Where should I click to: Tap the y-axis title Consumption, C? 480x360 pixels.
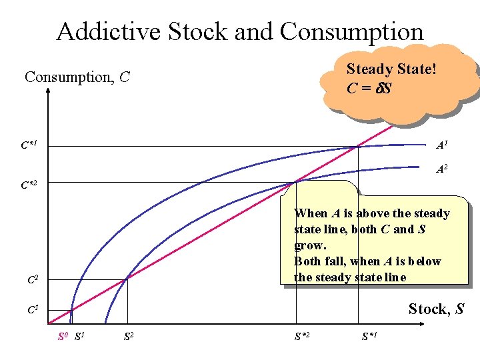tap(77, 77)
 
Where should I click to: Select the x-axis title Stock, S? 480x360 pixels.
tap(435, 309)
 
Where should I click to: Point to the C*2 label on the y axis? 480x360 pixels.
tap(29, 183)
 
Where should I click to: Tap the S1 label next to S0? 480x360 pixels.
tap(79, 335)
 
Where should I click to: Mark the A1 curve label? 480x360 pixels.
tap(441, 145)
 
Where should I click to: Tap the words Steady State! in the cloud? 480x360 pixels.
tap(391, 69)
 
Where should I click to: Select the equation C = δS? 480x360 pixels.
tap(369, 88)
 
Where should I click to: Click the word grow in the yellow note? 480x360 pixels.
tap(307, 245)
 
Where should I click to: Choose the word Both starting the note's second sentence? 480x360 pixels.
tap(308, 261)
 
